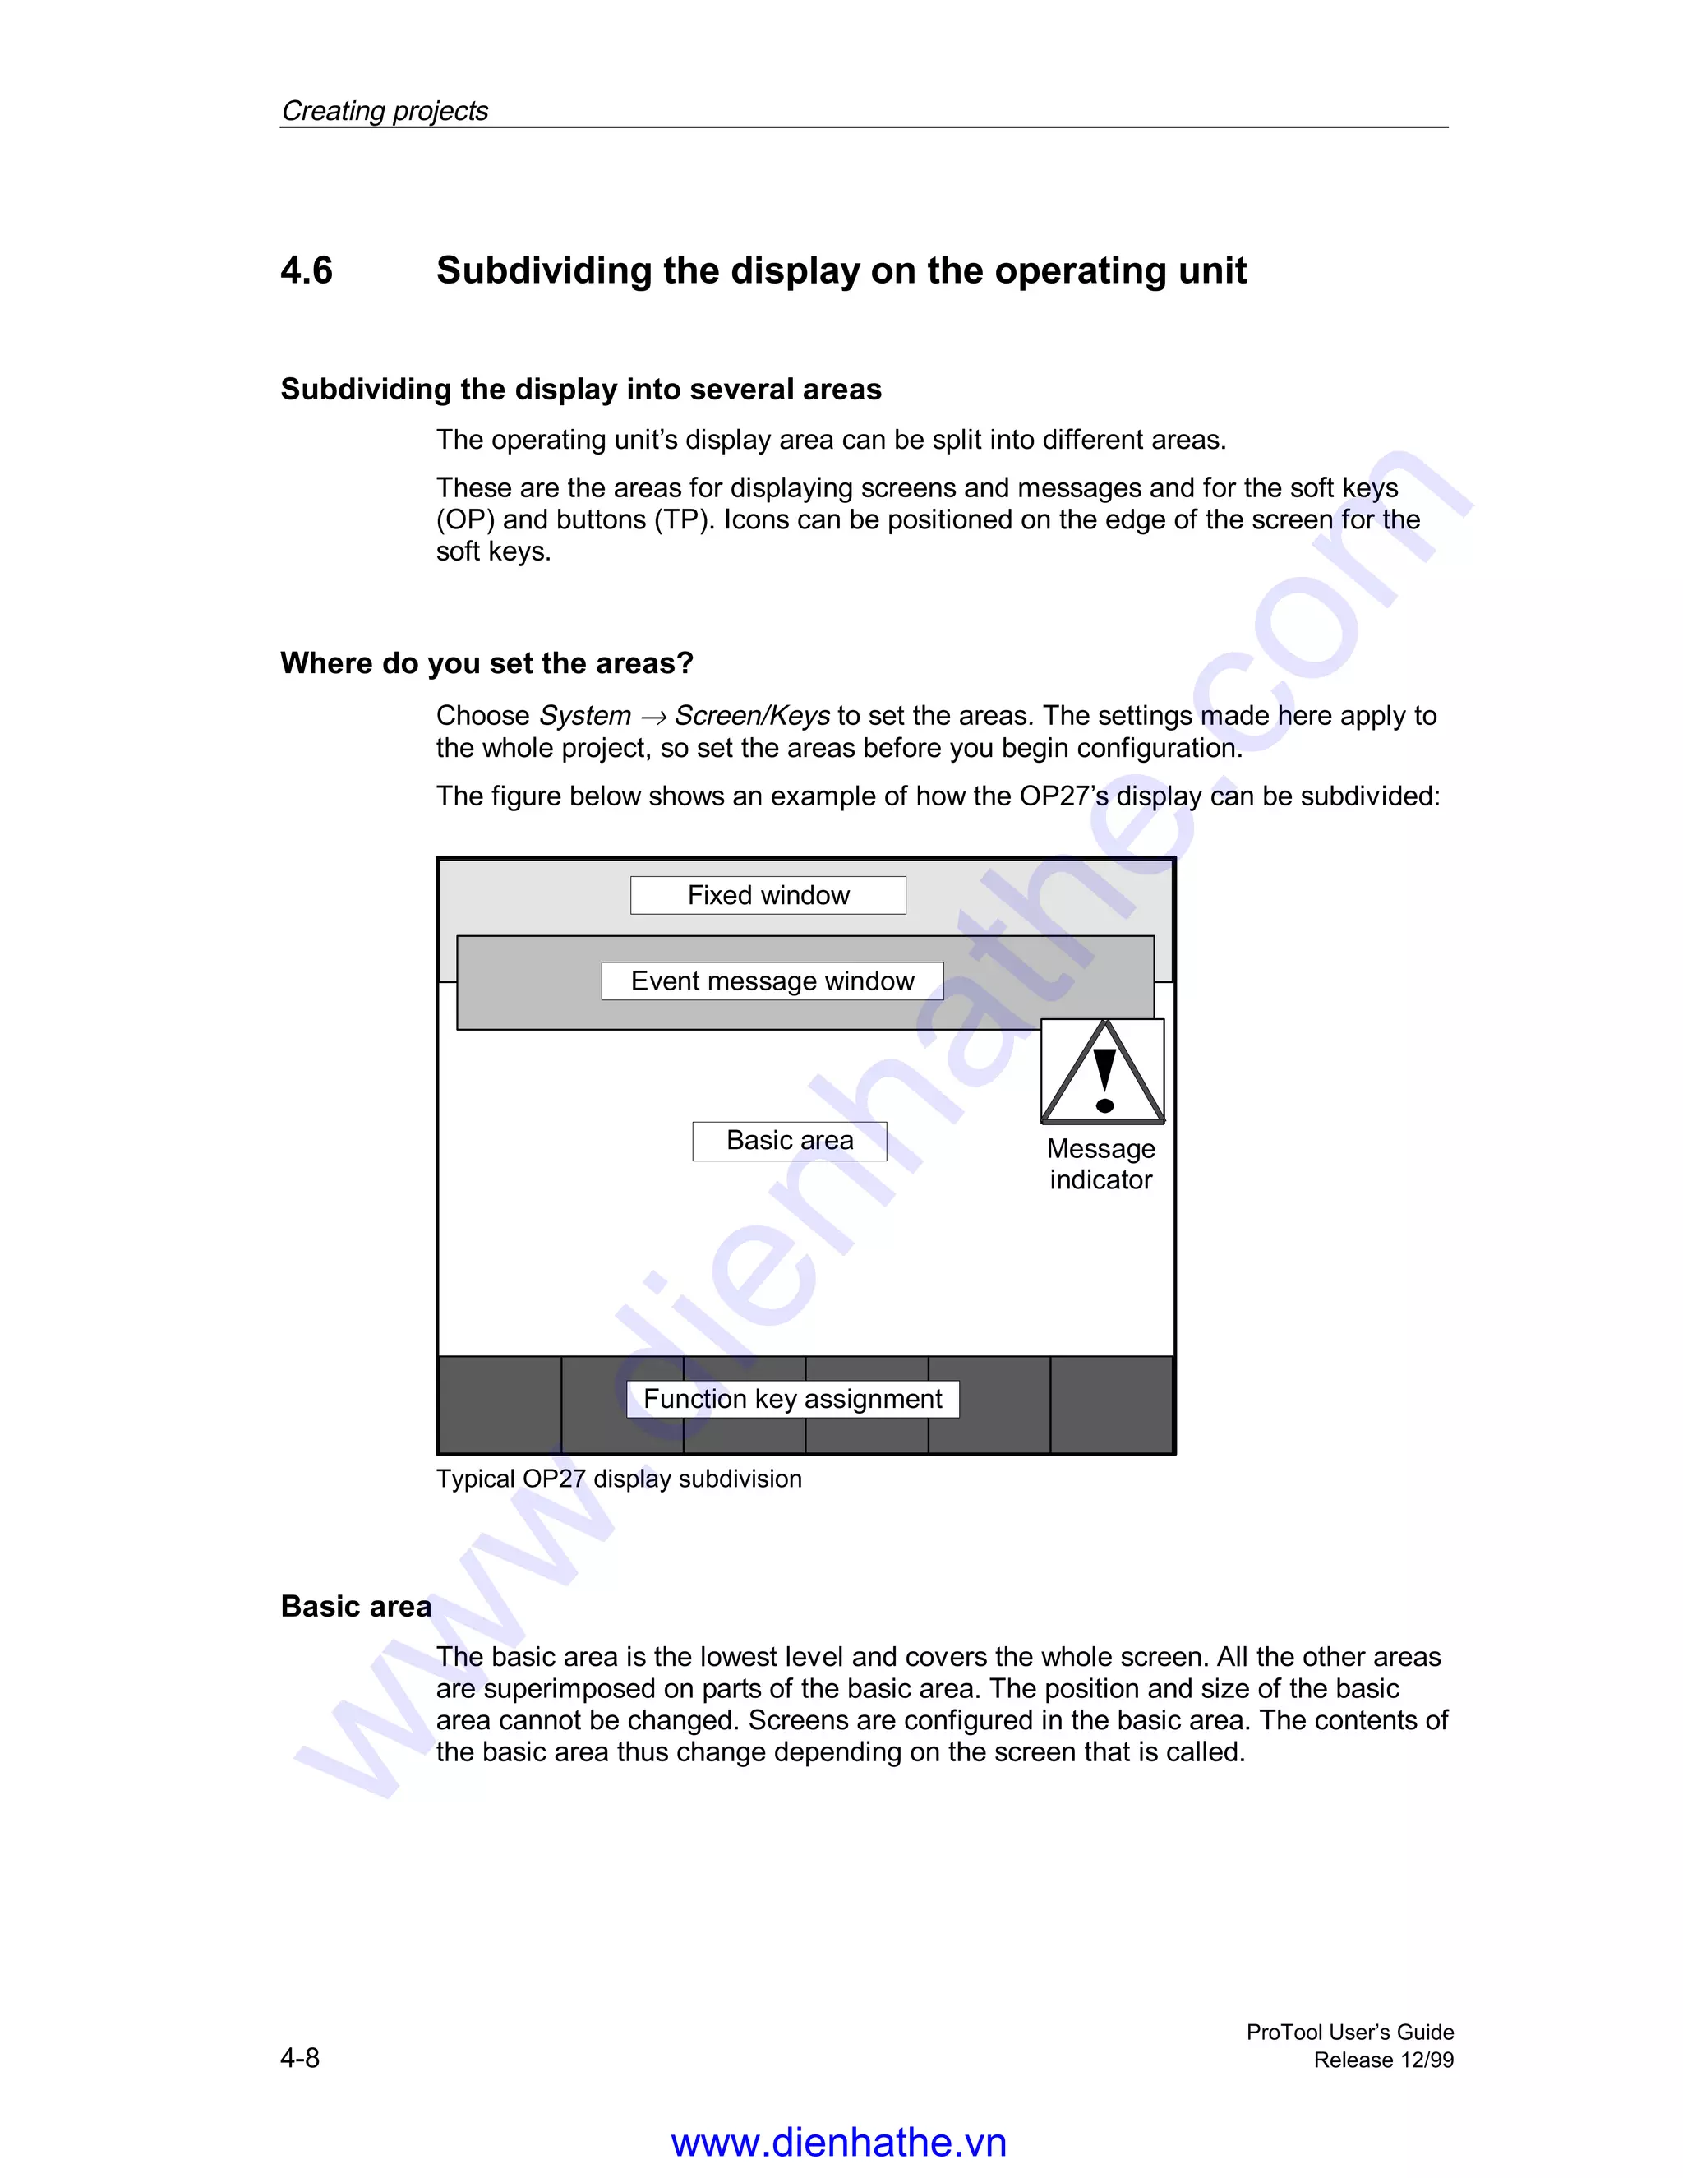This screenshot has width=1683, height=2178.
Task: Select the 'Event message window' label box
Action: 772,981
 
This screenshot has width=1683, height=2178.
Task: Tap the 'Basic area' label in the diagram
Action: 790,1140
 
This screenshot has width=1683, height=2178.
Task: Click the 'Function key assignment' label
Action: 793,1398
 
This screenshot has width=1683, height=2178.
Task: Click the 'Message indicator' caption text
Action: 1100,1164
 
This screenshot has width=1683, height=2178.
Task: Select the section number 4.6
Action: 306,270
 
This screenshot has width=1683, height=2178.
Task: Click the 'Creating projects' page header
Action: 385,111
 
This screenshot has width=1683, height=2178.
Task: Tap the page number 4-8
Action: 300,2057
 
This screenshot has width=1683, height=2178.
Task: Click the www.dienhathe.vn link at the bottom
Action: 838,2141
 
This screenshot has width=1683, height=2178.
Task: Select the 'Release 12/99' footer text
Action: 1383,2060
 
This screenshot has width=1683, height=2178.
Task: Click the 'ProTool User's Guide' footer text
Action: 1349,2032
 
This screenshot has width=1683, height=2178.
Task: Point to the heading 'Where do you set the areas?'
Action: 486,663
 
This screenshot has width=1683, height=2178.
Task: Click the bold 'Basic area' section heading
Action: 356,1606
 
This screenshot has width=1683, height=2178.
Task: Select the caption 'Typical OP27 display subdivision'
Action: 618,1478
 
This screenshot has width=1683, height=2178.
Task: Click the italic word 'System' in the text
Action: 585,715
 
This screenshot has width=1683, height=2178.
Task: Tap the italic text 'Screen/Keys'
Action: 752,715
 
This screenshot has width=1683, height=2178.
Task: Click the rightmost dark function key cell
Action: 1112,1404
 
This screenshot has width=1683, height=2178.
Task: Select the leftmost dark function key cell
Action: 500,1404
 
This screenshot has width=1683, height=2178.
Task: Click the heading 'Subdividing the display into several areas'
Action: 580,389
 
